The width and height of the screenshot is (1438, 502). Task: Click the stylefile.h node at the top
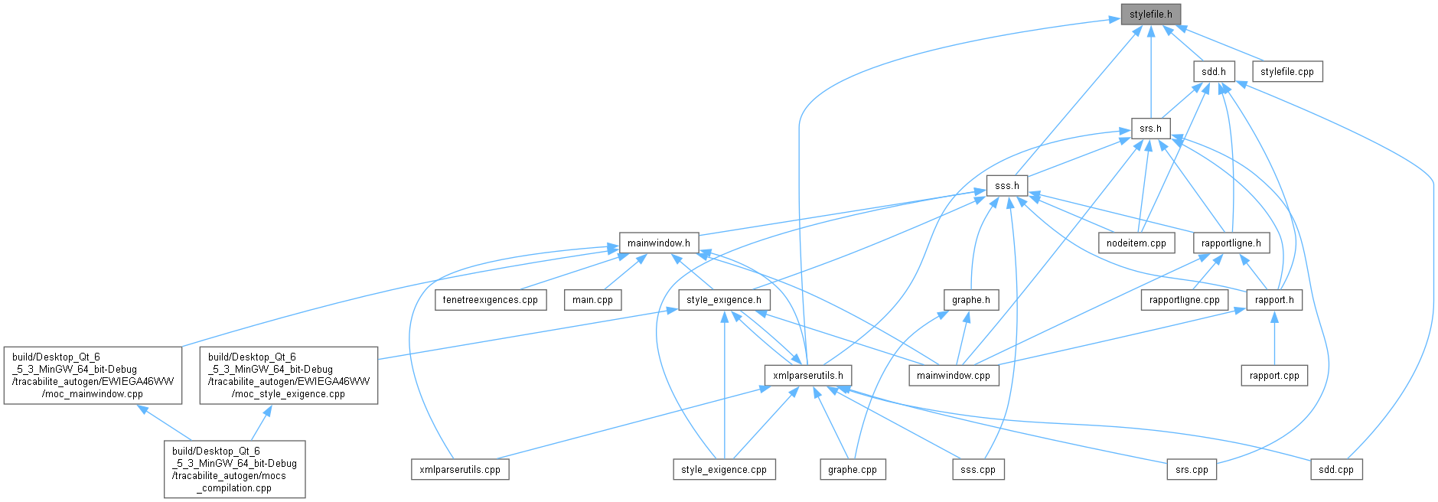(1150, 15)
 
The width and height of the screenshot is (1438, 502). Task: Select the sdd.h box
(1213, 72)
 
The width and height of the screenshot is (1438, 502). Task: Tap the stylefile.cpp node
(1286, 72)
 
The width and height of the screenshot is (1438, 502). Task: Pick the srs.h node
(1150, 129)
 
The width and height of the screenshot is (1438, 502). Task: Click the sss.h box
(1006, 186)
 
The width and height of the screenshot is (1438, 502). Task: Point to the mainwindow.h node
(658, 243)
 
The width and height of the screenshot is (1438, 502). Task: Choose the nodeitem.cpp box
(1136, 243)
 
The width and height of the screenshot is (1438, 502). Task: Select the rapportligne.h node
(1231, 243)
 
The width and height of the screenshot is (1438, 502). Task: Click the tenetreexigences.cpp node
(491, 300)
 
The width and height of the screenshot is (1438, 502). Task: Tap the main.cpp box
(592, 300)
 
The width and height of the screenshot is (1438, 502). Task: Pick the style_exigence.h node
(724, 300)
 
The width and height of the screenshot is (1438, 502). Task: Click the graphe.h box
(970, 300)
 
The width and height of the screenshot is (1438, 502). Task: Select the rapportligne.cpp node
(1184, 300)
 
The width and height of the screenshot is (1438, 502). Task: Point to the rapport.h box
(1274, 300)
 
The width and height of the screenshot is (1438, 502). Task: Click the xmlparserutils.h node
(807, 376)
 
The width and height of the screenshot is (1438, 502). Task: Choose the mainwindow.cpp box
(953, 376)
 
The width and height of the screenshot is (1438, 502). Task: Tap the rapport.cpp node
(1274, 376)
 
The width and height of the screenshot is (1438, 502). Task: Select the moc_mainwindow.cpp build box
(93, 376)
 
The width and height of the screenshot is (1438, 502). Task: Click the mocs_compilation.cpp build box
(234, 469)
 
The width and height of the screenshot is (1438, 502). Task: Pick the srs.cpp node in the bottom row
(1192, 470)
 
